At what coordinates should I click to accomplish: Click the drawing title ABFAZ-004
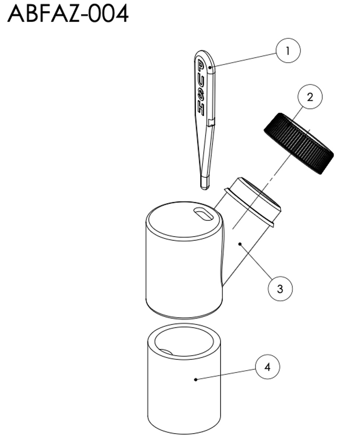(68, 14)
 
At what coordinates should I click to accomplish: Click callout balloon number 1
(288, 50)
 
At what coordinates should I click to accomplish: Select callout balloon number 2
(310, 97)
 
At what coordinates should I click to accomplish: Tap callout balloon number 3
(280, 289)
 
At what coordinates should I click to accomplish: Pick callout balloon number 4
(268, 366)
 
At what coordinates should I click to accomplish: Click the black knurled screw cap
(298, 144)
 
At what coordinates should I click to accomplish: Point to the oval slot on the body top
(203, 214)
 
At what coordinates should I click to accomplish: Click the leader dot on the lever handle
(210, 67)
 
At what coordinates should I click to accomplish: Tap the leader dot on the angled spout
(240, 244)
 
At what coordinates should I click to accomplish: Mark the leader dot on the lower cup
(195, 379)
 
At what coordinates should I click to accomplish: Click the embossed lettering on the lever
(201, 88)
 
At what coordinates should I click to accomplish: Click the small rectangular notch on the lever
(211, 122)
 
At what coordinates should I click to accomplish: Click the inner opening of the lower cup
(184, 342)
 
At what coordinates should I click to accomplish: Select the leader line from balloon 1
(243, 60)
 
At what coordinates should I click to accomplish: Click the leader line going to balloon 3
(256, 261)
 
